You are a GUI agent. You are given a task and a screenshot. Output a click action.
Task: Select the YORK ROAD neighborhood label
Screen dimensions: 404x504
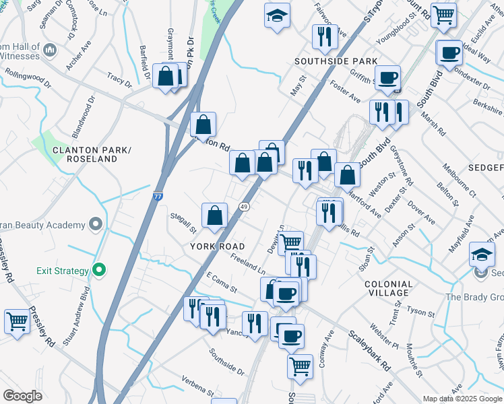coord(217,246)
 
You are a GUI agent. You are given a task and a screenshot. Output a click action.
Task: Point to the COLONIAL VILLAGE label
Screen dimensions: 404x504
coord(388,288)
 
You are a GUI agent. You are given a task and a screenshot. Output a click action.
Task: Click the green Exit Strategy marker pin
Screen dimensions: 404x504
coord(100,271)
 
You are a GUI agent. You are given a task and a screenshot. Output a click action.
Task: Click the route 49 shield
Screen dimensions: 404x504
coord(245,207)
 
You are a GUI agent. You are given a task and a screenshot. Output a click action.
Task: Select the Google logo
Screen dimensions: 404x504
coord(22,395)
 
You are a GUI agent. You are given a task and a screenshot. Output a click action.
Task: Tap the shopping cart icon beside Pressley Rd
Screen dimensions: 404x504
coord(17,321)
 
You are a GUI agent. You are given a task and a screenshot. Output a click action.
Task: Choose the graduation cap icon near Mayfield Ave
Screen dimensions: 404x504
coord(482,254)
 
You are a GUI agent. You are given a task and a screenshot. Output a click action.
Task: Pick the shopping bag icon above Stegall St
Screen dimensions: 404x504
coord(214,215)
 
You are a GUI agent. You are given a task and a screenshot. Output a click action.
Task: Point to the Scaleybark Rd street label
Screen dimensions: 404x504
coord(370,351)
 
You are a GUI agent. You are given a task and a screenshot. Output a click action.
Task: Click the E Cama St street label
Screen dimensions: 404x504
coord(222,282)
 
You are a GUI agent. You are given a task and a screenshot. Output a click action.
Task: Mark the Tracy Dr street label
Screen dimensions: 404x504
coord(119,81)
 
